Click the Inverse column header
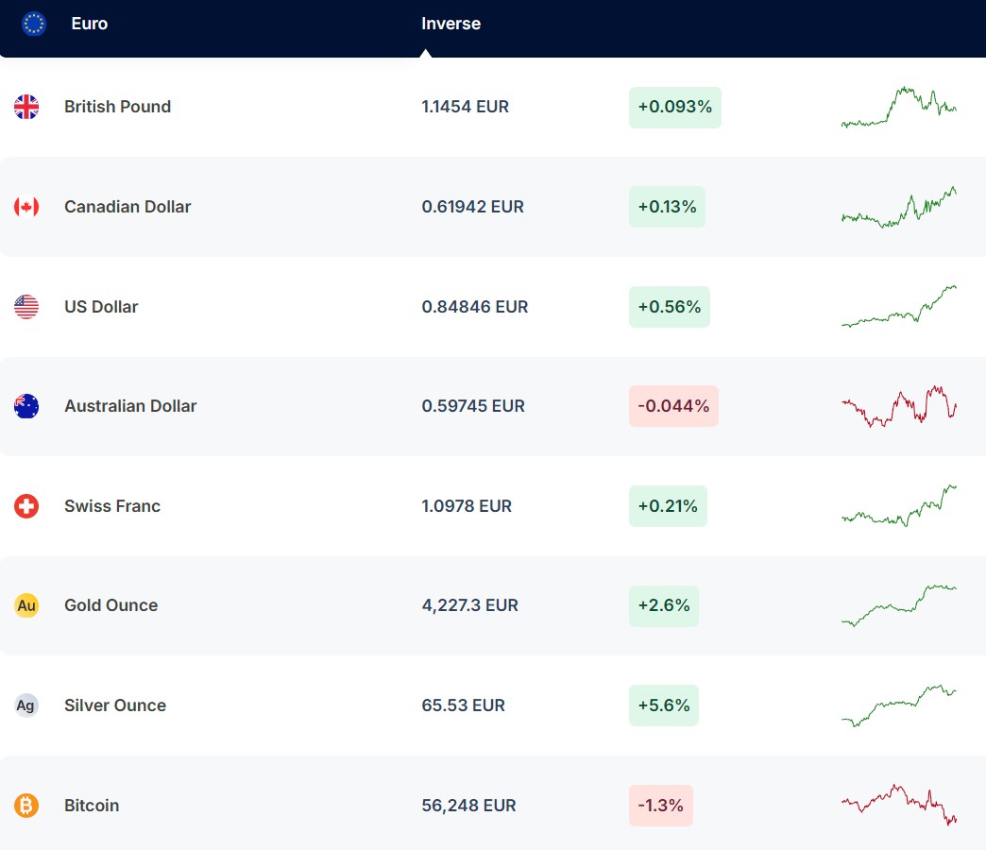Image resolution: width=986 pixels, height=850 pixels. click(450, 24)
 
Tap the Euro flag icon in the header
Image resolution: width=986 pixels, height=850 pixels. click(34, 24)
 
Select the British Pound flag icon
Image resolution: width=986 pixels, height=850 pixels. click(26, 107)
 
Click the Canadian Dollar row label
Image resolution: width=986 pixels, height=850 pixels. click(127, 207)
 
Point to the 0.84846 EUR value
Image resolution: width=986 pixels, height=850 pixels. click(474, 307)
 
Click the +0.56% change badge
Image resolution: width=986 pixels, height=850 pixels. click(669, 307)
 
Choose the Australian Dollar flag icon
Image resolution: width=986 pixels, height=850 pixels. click(26, 406)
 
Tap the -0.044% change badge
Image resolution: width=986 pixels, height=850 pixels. click(673, 406)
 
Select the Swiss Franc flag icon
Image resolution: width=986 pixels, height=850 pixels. click(26, 506)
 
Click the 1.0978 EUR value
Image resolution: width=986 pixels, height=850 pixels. click(467, 506)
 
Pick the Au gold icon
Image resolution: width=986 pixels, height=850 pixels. click(26, 605)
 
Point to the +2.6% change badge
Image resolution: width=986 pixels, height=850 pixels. click(663, 605)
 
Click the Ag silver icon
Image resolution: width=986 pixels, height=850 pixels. click(26, 705)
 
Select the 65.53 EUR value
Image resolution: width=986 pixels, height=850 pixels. click(463, 705)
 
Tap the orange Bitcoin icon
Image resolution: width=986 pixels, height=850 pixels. click(26, 806)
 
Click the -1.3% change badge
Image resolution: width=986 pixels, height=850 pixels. click(660, 806)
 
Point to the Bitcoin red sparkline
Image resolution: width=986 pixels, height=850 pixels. click(898, 805)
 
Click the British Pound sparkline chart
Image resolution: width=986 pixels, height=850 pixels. click(898, 107)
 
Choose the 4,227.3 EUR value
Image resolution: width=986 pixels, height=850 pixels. click(469, 605)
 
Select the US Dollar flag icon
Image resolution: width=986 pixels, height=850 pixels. click(26, 307)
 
